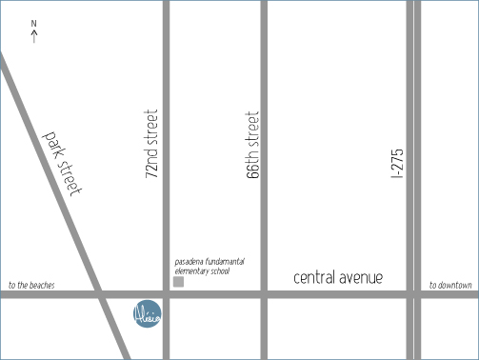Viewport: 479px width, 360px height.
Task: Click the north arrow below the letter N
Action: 34,37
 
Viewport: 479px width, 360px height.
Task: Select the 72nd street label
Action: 152,146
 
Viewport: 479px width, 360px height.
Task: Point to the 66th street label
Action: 252,146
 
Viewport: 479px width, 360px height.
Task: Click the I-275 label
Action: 398,163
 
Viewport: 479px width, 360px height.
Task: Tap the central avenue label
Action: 338,278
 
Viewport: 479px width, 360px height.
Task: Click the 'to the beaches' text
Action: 31,285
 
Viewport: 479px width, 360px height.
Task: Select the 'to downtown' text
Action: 450,285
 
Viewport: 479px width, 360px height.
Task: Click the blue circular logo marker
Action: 148,312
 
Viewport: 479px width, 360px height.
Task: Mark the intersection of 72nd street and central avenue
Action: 166,294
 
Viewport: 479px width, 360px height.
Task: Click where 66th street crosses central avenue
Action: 264,294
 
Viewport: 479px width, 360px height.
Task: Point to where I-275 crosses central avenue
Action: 413,294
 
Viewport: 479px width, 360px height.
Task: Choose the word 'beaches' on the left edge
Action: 41,285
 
